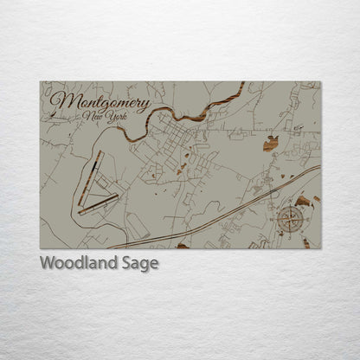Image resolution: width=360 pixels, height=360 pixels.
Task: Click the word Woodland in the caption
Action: tap(74, 263)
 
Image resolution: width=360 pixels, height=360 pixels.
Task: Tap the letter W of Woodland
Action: tap(47, 263)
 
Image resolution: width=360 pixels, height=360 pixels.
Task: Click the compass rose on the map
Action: tap(292, 219)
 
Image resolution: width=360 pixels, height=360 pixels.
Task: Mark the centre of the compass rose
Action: tap(292, 219)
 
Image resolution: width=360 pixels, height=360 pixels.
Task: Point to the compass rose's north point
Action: tap(292, 205)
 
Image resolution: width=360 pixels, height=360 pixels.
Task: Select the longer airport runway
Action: tap(90, 177)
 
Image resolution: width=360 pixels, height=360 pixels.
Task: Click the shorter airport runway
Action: tap(98, 203)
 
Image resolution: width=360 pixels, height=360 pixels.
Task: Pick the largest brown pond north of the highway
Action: tap(271, 143)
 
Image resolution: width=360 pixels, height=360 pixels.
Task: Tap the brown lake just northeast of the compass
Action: tap(303, 202)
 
